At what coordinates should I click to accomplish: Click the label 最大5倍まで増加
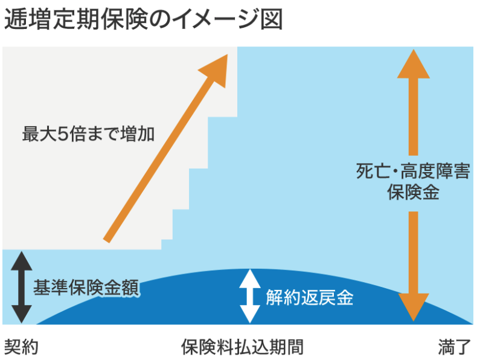tap(88, 133)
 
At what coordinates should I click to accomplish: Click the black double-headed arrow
tap(21, 287)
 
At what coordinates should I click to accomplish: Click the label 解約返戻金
tap(309, 297)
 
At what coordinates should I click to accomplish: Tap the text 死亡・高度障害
tap(413, 172)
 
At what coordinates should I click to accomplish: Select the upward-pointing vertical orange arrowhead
tap(414, 63)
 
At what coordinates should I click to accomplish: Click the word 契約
tap(22, 347)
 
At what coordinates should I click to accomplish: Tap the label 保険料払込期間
tap(242, 347)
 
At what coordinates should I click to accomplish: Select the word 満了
tap(453, 347)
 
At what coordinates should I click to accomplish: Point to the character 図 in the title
tap(272, 21)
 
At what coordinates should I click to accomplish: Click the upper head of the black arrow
tap(21, 259)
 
